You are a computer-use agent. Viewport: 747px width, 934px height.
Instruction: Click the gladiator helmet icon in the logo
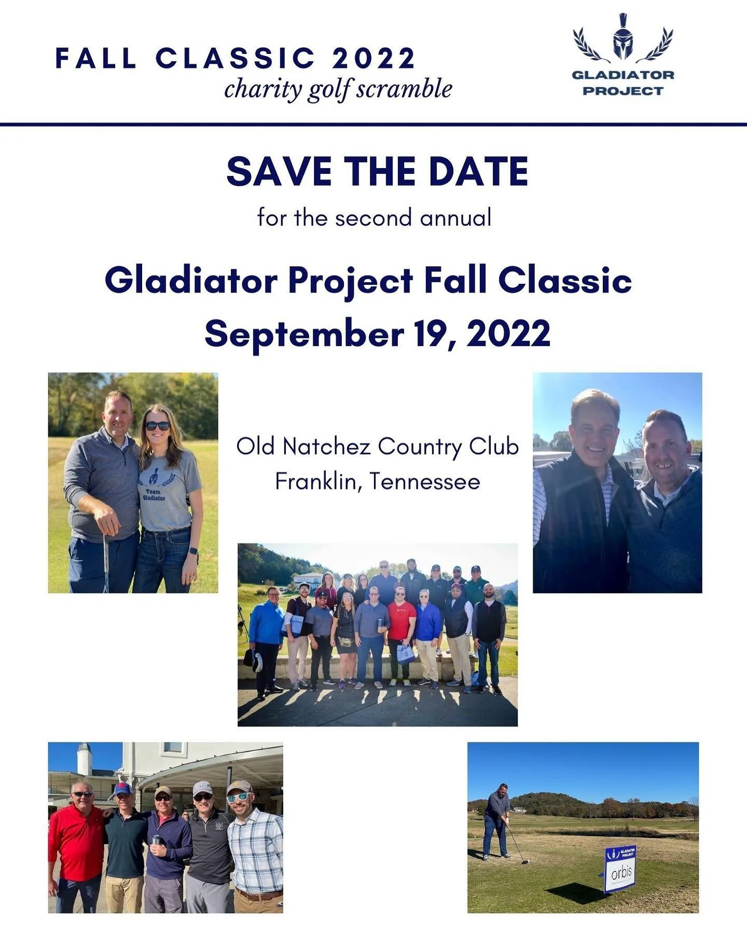pos(623,38)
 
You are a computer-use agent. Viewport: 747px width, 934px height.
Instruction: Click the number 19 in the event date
pos(431,334)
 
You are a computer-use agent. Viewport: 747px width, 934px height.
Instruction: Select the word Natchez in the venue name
pos(326,447)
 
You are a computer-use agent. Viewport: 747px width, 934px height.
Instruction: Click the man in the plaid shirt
pos(255,851)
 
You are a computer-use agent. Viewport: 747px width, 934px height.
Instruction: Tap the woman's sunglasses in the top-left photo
pos(158,426)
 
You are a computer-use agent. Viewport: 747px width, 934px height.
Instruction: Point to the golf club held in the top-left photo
pos(106,563)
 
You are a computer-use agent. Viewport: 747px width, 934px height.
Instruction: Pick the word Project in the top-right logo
pos(622,91)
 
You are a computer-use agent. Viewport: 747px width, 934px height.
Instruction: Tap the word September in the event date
pos(304,334)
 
